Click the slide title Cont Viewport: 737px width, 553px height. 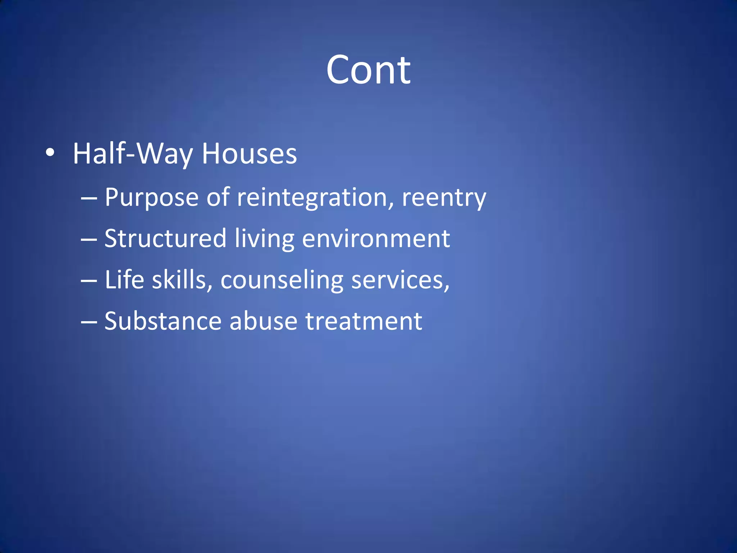click(368, 70)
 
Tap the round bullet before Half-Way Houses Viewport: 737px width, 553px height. click(50, 153)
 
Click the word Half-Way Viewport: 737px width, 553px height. click(133, 154)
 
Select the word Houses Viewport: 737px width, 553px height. click(249, 154)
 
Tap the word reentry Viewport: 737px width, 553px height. click(444, 198)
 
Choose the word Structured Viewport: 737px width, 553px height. click(165, 238)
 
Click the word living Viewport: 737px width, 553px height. click(264, 239)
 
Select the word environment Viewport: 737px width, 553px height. click(376, 238)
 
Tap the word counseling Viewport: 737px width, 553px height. click(282, 280)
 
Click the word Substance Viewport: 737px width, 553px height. click(163, 321)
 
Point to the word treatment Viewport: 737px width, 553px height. click(363, 321)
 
